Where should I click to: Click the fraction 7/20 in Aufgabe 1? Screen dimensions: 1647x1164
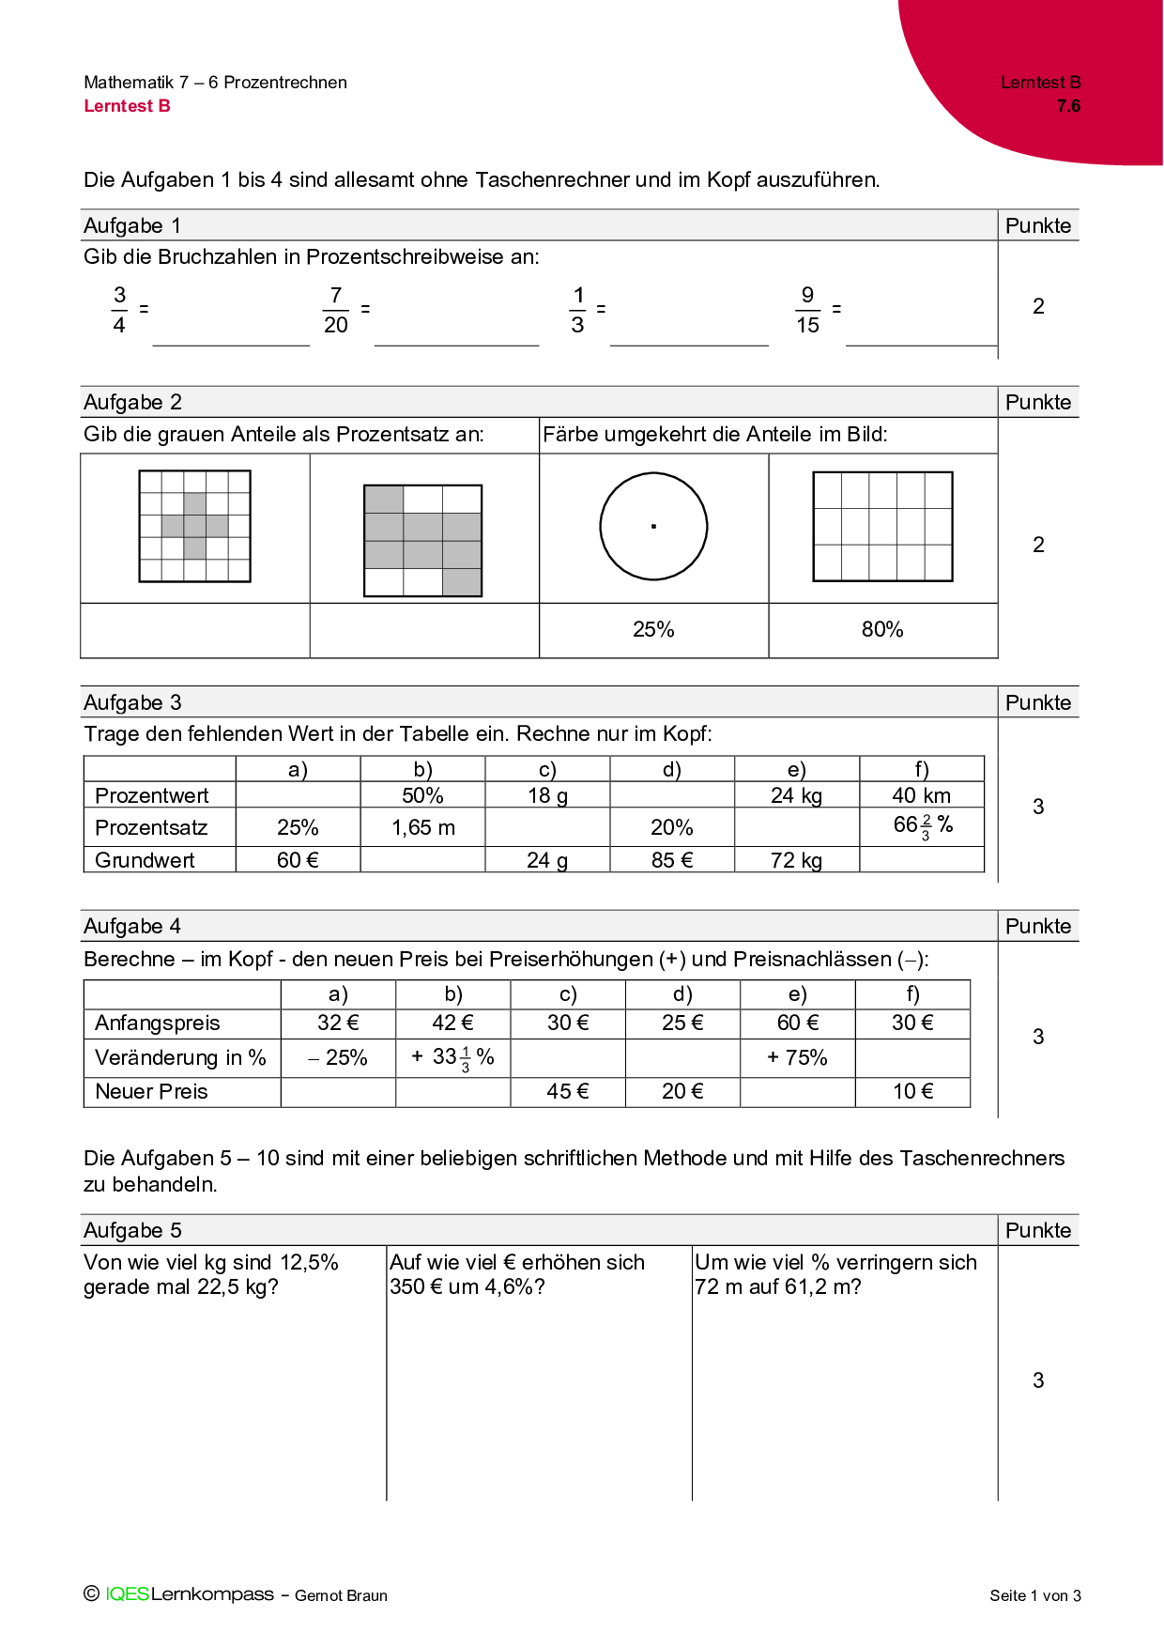[335, 310]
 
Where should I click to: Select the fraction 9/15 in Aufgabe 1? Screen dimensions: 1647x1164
[807, 310]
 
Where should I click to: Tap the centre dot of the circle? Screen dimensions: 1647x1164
[653, 527]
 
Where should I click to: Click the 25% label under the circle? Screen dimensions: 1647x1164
[653, 629]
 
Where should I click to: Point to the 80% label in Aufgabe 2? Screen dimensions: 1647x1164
[882, 629]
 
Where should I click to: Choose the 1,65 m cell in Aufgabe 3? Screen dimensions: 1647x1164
[422, 827]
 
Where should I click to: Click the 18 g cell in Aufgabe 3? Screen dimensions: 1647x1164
[547, 795]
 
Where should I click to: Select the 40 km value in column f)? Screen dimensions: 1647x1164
[921, 795]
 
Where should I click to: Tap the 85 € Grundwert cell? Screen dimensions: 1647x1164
[672, 860]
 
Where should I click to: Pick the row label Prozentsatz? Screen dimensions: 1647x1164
[151, 827]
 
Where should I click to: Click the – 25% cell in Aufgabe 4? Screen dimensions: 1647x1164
[338, 1057]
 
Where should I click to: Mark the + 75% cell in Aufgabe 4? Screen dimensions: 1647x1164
[797, 1057]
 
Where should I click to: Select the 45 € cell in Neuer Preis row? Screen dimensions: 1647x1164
[568, 1091]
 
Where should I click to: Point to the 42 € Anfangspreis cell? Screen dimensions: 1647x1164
[452, 1023]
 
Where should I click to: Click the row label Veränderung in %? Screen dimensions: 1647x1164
[180, 1057]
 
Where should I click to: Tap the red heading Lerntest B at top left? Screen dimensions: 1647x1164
[127, 106]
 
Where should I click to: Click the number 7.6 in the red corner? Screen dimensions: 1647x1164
[1068, 106]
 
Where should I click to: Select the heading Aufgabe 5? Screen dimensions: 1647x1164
[132, 1230]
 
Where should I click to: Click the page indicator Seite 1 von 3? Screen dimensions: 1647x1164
[1034, 1595]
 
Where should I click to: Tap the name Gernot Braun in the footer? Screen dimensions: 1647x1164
[341, 1595]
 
